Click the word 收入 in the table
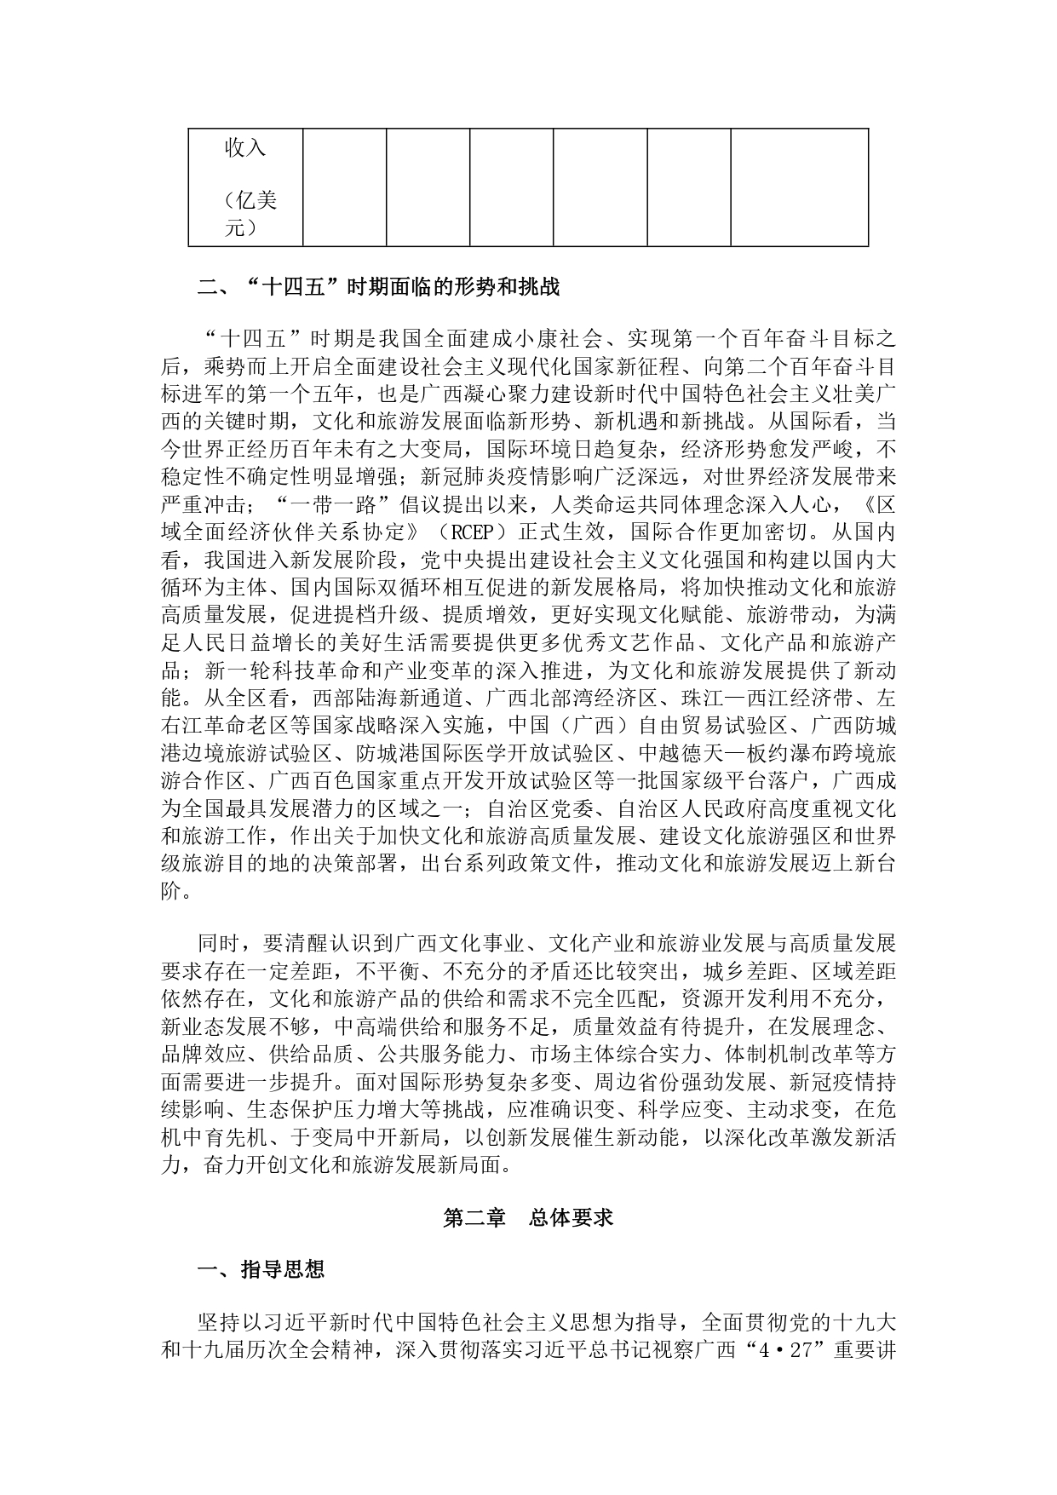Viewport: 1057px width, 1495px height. [x=245, y=148]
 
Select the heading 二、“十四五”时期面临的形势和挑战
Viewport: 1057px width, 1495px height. [x=378, y=287]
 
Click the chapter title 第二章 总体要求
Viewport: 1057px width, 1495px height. [x=528, y=1218]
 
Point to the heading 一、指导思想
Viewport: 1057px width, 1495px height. [x=261, y=1270]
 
